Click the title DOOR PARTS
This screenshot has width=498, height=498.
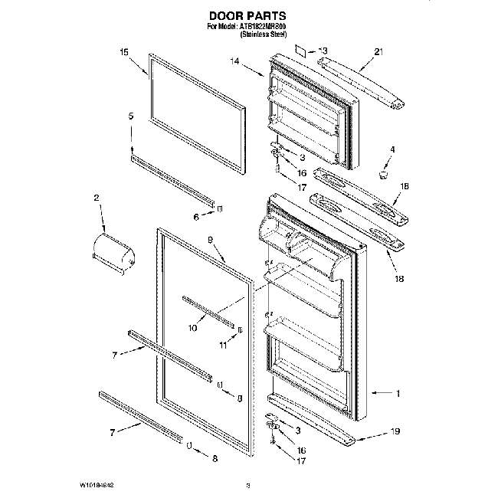pyautogui.click(x=247, y=15)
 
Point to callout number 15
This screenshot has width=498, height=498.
pyautogui.click(x=123, y=52)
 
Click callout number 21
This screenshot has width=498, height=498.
pyautogui.click(x=378, y=52)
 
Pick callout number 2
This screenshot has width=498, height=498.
pyautogui.click(x=97, y=198)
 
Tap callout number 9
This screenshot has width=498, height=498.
pyautogui.click(x=209, y=241)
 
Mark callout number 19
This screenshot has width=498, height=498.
pyautogui.click(x=395, y=432)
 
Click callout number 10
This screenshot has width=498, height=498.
pyautogui.click(x=192, y=328)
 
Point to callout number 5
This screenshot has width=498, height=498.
pyautogui.click(x=131, y=116)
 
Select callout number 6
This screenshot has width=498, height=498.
pyautogui.click(x=196, y=217)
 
